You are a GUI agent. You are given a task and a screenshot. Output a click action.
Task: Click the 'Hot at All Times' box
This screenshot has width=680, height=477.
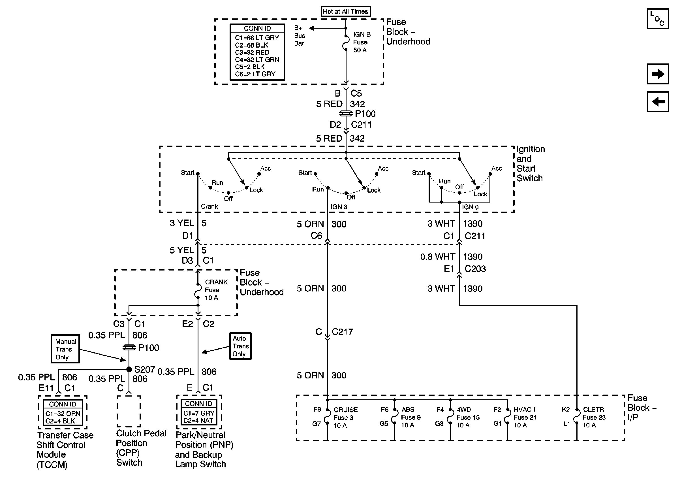tap(345, 12)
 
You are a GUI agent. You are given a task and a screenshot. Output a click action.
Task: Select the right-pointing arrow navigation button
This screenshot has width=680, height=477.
tap(658, 74)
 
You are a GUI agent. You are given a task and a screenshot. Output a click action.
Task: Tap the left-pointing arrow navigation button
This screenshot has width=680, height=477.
tap(658, 102)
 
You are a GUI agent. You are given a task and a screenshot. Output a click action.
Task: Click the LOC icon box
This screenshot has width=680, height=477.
tap(658, 19)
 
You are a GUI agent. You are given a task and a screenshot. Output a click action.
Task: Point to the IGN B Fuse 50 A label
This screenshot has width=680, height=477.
tap(361, 42)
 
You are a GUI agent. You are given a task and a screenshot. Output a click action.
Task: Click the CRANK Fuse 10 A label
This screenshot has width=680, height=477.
tap(216, 290)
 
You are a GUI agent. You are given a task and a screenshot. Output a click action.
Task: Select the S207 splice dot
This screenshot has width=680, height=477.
tap(129, 369)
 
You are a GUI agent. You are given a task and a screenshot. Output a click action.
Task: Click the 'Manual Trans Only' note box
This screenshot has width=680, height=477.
tap(65, 349)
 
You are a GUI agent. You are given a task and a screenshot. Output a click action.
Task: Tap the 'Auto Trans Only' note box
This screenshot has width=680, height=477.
tap(240, 346)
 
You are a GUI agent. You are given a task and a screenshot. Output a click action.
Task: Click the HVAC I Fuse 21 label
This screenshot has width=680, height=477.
tap(524, 417)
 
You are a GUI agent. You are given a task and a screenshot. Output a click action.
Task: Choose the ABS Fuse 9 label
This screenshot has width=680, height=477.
tap(410, 417)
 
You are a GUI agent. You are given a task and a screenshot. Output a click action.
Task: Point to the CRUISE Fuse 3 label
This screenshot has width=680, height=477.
tap(345, 418)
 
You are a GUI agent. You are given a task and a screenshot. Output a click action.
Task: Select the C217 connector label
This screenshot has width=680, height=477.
tap(342, 331)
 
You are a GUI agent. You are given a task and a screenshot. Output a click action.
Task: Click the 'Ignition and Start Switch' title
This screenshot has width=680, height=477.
tap(530, 163)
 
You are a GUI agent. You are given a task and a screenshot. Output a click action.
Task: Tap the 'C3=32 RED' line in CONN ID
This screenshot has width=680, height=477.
tap(252, 52)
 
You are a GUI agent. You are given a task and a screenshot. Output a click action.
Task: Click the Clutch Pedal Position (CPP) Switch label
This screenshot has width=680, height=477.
tap(141, 448)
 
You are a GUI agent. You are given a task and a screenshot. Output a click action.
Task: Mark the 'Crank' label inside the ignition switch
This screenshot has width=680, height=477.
tap(209, 206)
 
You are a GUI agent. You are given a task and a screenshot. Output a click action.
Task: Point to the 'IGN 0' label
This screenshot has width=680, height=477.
tap(470, 207)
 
